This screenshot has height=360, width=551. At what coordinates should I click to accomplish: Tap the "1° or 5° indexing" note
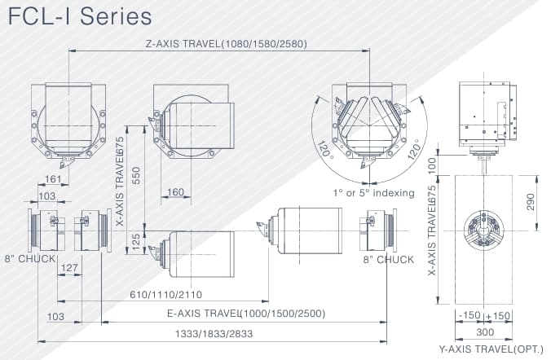(x=373, y=193)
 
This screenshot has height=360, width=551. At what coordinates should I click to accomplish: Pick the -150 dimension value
(x=469, y=315)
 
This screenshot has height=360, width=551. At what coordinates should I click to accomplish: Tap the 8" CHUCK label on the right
(x=389, y=260)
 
